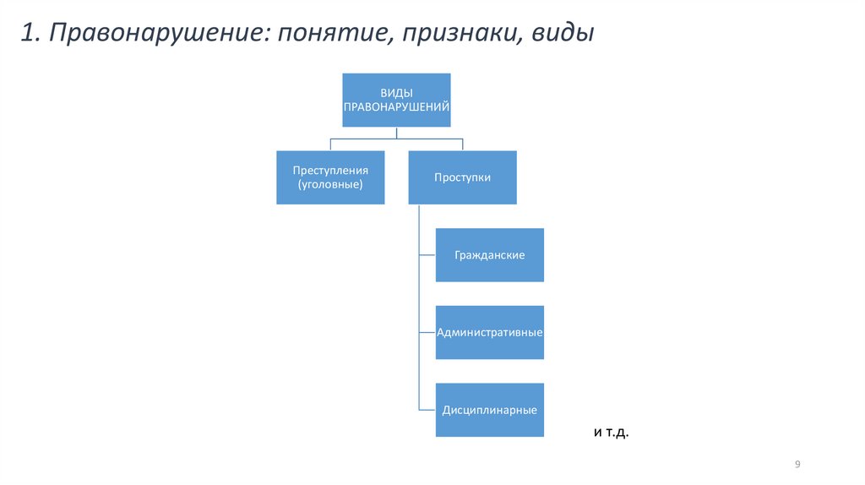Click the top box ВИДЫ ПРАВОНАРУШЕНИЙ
[x=395, y=100]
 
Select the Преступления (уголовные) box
[x=330, y=177]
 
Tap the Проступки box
[x=462, y=177]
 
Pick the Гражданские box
[x=489, y=254]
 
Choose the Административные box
[x=489, y=332]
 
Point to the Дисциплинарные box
[x=489, y=410]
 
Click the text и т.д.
[x=612, y=433]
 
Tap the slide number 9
[x=797, y=465]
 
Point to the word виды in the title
[x=563, y=34]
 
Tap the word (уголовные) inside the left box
[x=330, y=184]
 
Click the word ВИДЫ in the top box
[x=395, y=92]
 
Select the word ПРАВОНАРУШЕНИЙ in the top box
[x=395, y=107]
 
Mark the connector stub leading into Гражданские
[x=427, y=254]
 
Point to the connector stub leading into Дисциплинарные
[x=427, y=410]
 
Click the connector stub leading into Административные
[x=427, y=332]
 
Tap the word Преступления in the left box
[x=330, y=170]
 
